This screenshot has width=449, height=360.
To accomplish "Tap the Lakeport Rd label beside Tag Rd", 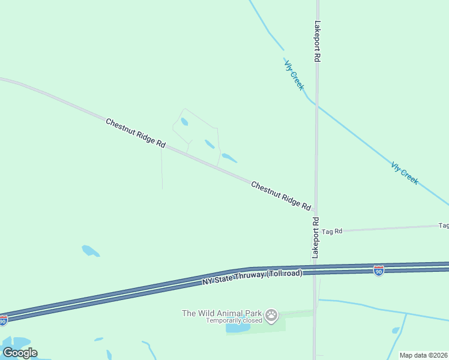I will [x=315, y=238].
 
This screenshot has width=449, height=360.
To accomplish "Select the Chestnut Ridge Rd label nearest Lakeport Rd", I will [x=281, y=196].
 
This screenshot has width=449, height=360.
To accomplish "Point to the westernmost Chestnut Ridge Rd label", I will [x=136, y=133].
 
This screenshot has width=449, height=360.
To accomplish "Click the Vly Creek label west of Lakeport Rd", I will [x=294, y=75].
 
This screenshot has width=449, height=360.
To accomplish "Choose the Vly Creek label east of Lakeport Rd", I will [x=405, y=173].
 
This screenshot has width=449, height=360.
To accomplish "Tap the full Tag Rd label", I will [x=332, y=231].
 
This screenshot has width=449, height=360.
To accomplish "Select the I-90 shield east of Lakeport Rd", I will [x=378, y=271].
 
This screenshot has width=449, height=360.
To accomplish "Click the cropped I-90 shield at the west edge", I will [x=3, y=321].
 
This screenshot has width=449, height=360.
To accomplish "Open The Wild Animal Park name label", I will [x=222, y=313].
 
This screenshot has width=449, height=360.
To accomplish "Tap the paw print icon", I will [x=272, y=315].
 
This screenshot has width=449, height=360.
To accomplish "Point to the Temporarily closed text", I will [x=234, y=320].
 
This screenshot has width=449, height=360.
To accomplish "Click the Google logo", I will [x=20, y=352].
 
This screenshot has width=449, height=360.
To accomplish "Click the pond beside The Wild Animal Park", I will [x=238, y=328].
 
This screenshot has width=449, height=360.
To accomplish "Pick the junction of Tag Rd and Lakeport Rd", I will [x=315, y=231].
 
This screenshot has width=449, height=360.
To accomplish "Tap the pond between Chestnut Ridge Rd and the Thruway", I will [x=91, y=251].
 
